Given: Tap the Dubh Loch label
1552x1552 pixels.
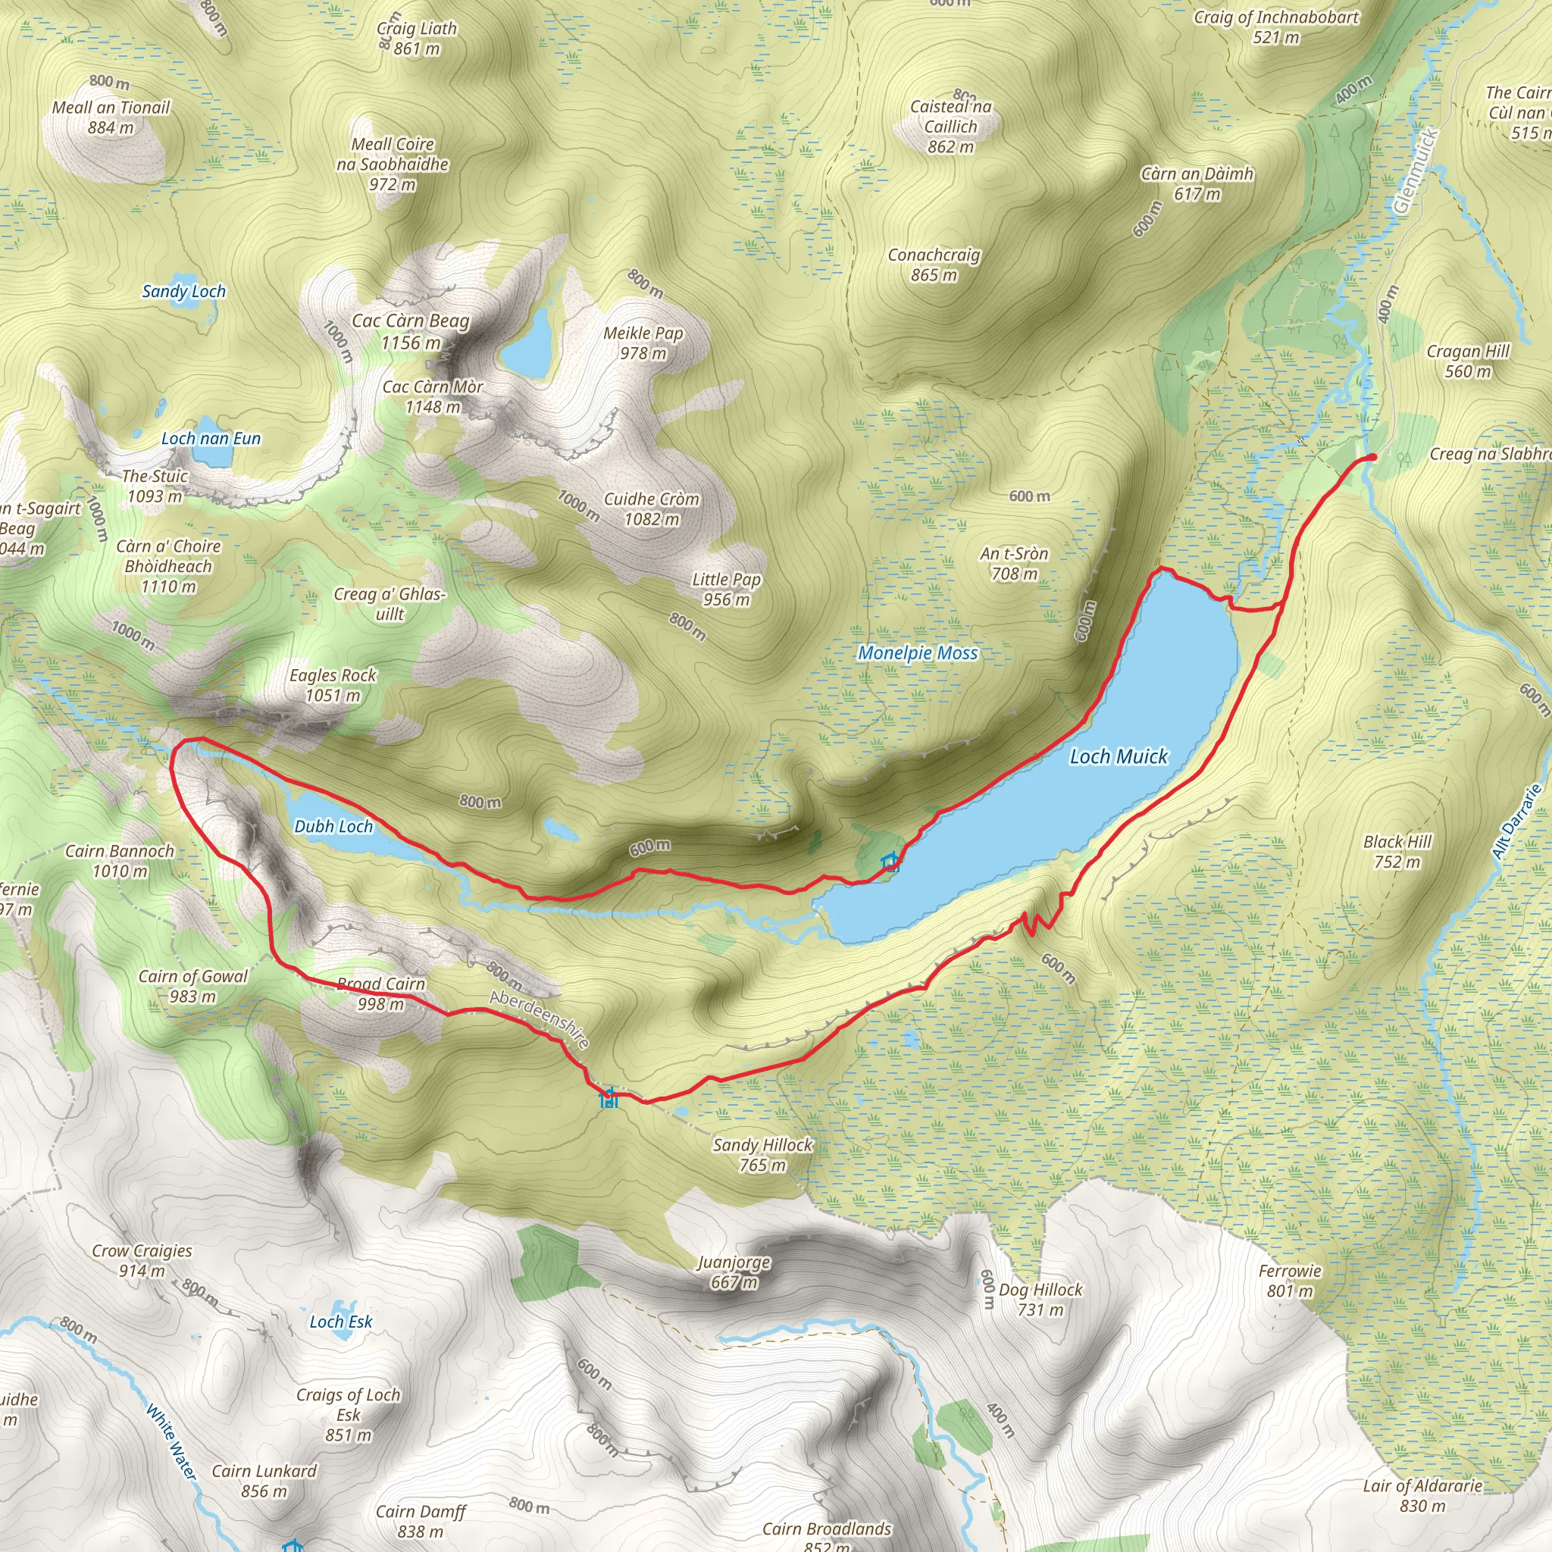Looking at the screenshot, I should [333, 826].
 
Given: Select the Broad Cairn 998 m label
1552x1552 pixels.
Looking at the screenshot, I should [380, 993].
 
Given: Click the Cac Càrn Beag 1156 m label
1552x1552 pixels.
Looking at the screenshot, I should [411, 331].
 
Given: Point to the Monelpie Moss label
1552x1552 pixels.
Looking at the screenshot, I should [918, 653].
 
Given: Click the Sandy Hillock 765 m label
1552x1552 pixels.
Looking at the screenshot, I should [762, 1154].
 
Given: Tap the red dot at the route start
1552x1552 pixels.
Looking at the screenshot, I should [1372, 457].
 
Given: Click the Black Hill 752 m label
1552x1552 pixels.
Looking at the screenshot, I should [1397, 852].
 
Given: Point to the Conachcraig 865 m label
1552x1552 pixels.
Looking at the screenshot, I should [934, 264].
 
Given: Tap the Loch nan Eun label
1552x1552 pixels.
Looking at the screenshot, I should [211, 439].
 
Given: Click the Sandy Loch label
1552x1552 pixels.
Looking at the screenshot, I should [184, 292].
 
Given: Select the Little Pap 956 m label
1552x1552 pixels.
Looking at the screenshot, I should [726, 589].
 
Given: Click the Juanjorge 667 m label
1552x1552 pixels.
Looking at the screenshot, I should [734, 1272].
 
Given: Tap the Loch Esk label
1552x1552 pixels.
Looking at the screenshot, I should [340, 1322].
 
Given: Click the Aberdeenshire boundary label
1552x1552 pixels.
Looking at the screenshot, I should [540, 1019].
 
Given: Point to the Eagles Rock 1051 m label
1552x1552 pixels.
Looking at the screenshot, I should [333, 684].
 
